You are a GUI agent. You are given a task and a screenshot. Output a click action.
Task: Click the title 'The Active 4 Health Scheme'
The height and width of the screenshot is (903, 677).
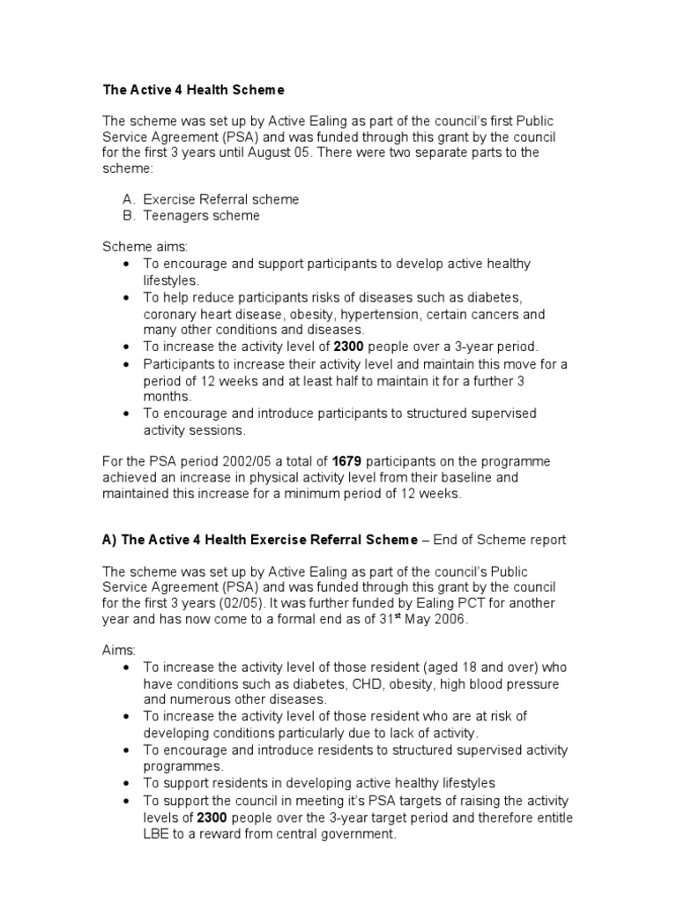[x=194, y=89]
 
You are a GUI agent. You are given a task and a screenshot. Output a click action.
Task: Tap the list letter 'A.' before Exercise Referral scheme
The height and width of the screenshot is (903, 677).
[x=129, y=199]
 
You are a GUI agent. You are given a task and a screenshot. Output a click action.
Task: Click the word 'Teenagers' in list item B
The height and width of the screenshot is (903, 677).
[x=175, y=215]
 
